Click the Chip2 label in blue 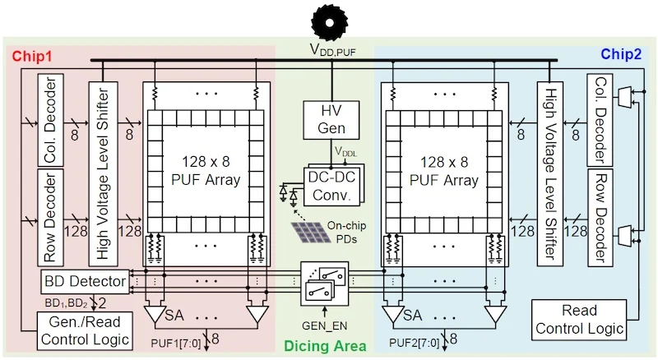(x=623, y=55)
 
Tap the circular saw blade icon (x=329, y=19)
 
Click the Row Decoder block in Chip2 (x=600, y=216)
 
